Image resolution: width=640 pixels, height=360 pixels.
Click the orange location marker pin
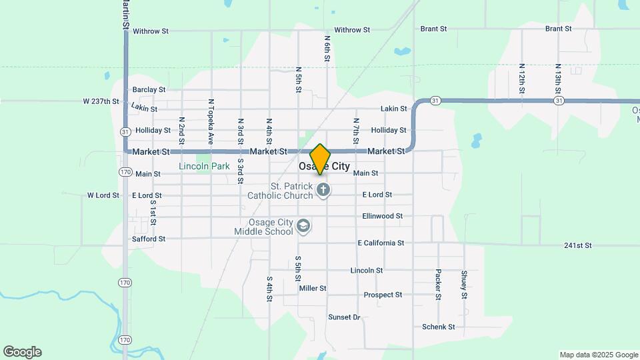(321, 159)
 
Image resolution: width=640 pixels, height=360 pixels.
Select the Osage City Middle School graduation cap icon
(304, 226)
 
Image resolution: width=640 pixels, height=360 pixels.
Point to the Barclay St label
(149, 89)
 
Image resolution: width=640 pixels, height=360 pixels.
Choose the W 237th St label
(101, 101)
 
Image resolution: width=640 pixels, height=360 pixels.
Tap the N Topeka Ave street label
(211, 122)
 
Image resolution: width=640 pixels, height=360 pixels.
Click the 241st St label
(577, 245)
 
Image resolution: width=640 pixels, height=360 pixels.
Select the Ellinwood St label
(382, 216)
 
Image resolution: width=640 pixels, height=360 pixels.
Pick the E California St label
(381, 243)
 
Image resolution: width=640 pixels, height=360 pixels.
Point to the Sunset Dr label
(344, 317)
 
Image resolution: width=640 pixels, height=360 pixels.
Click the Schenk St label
(438, 327)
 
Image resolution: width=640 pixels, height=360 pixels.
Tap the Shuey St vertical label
(464, 284)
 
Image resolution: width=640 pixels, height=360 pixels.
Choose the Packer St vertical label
(438, 283)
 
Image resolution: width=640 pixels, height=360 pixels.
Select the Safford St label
(149, 239)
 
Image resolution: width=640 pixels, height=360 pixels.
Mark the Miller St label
(313, 289)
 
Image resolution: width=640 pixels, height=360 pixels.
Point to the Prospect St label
(383, 295)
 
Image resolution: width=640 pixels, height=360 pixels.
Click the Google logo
(22, 352)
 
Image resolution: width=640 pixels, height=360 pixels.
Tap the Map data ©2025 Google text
(599, 355)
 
